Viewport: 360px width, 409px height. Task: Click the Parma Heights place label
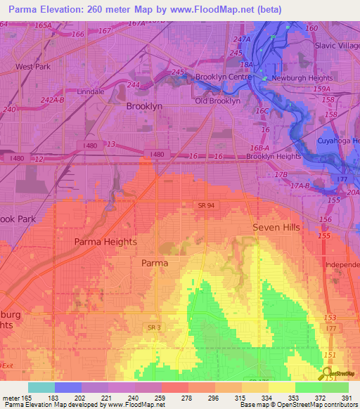click(105, 241)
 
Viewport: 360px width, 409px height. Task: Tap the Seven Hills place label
click(276, 228)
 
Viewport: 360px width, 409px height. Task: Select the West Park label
click(34, 67)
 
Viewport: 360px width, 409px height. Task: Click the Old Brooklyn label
click(217, 101)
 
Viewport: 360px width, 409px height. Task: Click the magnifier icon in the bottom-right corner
click(328, 374)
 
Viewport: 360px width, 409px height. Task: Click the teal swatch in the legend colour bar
click(41, 387)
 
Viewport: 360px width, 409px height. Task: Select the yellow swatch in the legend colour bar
click(282, 387)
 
